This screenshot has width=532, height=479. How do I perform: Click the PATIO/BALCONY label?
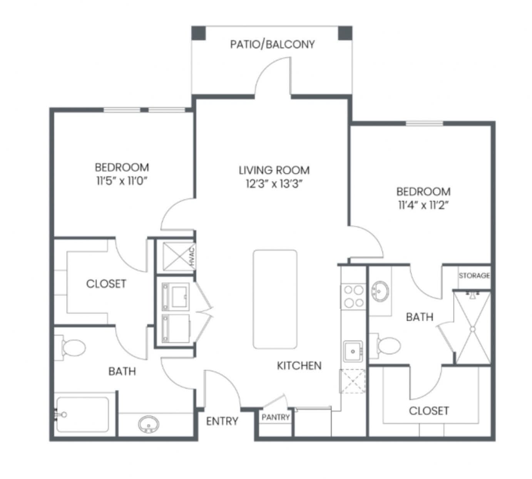point(273,44)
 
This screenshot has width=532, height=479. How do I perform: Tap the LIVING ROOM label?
point(274,170)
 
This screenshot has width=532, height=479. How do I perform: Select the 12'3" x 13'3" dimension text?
point(274,184)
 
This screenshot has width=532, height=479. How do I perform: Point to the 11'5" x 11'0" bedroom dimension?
point(122,181)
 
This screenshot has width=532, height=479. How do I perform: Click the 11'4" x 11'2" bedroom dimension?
point(423,205)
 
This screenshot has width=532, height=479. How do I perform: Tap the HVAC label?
point(192,257)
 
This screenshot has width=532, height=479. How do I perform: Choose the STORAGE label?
point(474,276)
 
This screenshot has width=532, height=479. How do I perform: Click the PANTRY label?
point(276,417)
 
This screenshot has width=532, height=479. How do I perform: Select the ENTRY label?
point(222,421)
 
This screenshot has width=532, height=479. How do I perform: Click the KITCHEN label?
point(299,366)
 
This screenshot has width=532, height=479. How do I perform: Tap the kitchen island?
point(275,299)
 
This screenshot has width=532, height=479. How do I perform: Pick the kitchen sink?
point(353,351)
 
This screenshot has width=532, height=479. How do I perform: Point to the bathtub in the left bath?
point(82,415)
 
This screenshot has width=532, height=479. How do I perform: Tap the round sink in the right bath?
point(380,291)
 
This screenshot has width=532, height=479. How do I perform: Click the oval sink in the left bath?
point(149,424)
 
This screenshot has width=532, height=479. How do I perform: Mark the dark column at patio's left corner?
point(199,33)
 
